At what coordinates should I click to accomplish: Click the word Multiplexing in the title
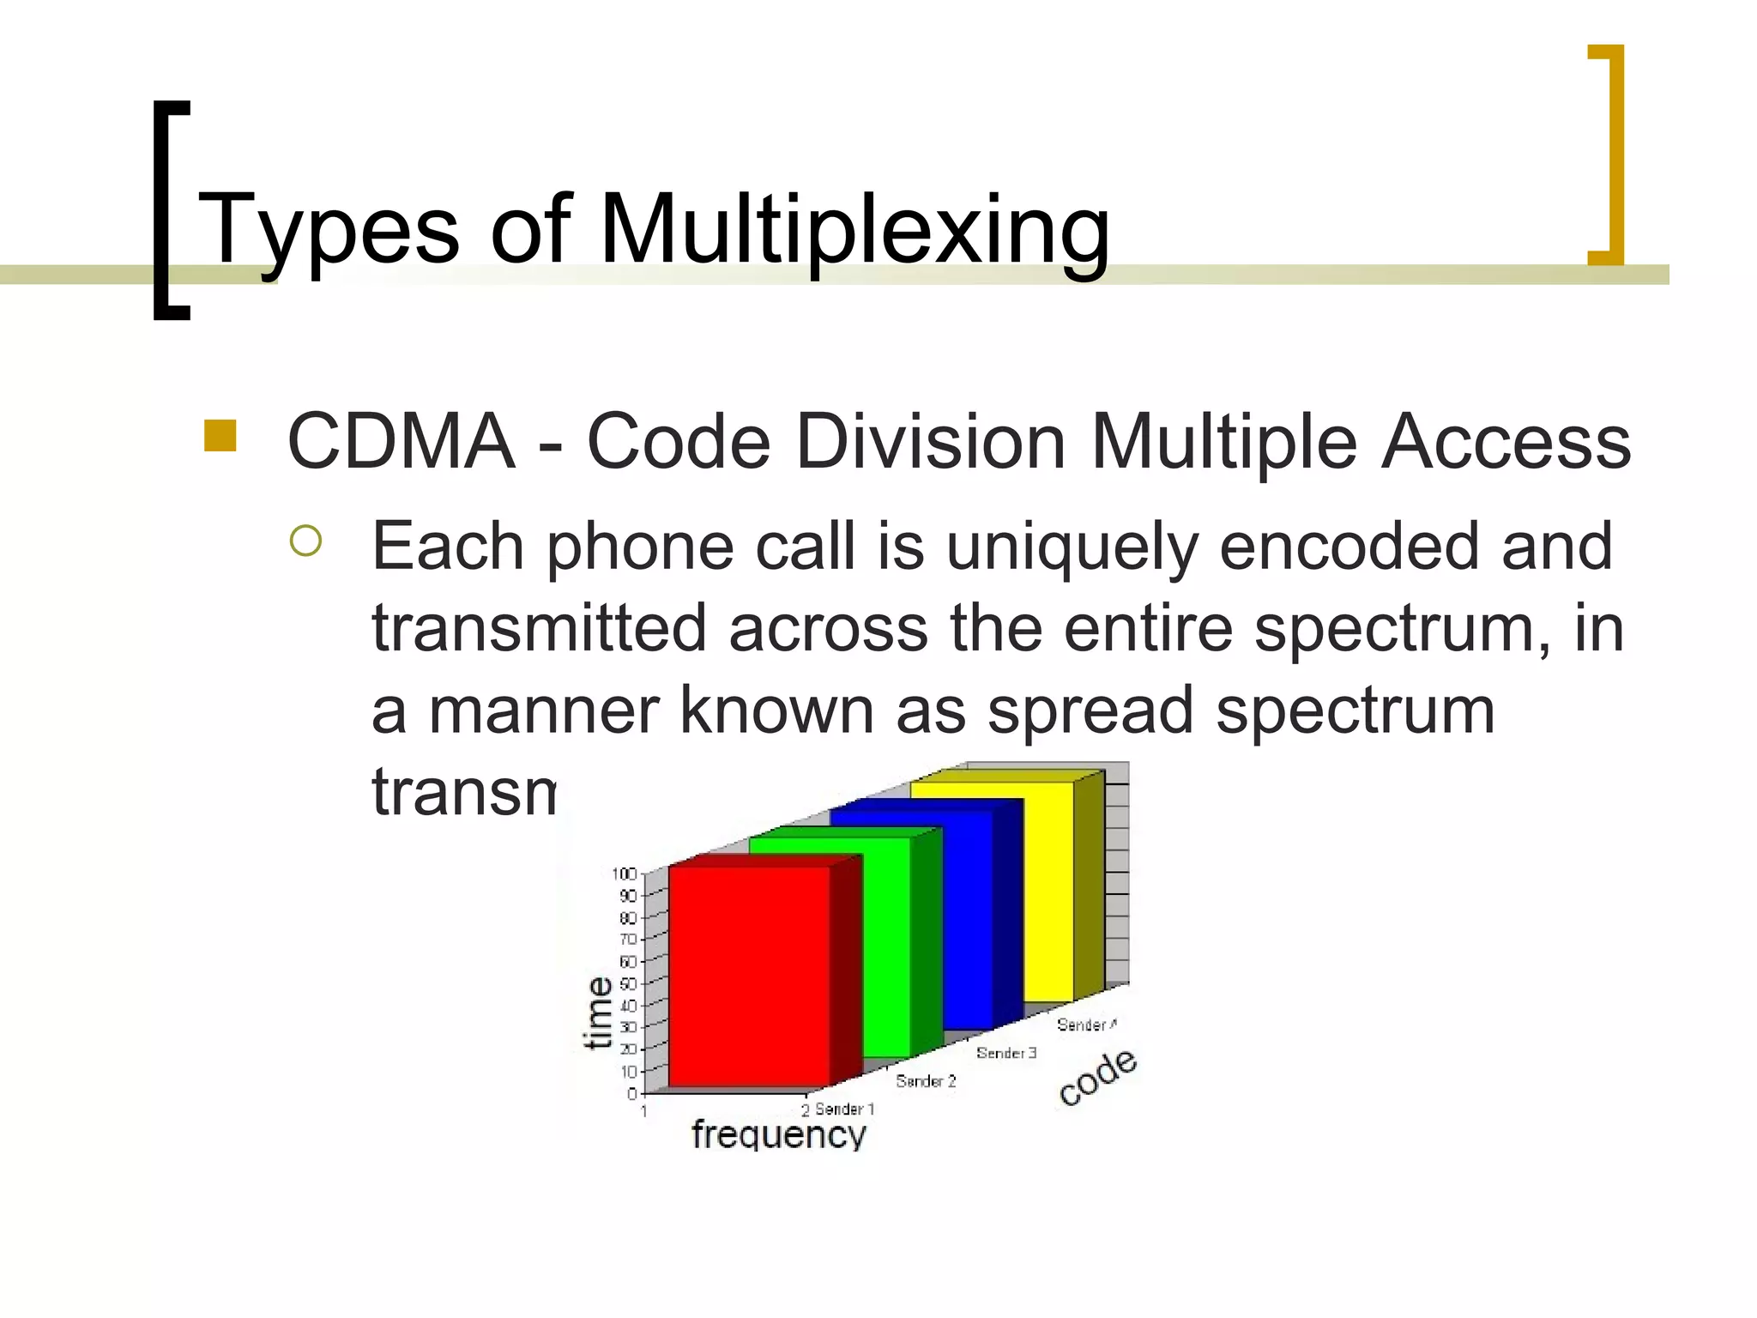click(x=854, y=230)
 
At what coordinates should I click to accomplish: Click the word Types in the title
click(x=329, y=230)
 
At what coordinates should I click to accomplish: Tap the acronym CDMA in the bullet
click(x=401, y=442)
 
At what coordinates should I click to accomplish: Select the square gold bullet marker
click(x=220, y=436)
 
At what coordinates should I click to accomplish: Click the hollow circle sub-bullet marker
click(x=305, y=541)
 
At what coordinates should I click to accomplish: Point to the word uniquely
click(x=1072, y=547)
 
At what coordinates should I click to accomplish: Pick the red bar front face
click(x=748, y=974)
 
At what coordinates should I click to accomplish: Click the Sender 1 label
click(x=844, y=1109)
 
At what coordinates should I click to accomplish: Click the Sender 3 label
click(x=1005, y=1053)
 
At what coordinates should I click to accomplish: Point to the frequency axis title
click(x=779, y=1134)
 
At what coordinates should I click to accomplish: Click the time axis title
click(x=598, y=1013)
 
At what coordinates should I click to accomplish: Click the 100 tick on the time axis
click(x=624, y=874)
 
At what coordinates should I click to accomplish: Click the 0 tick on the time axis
click(x=632, y=1093)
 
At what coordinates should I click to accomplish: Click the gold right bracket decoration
click(x=1611, y=154)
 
